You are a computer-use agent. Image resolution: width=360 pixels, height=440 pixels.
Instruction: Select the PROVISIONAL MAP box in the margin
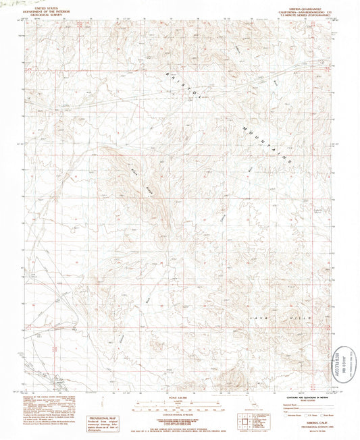point(104,400)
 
